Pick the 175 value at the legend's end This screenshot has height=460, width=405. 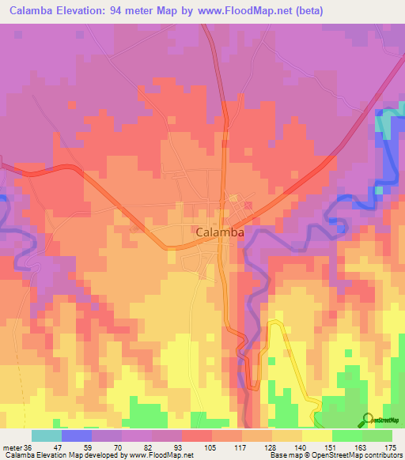pos(390,447)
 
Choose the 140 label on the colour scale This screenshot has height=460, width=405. pos(301,447)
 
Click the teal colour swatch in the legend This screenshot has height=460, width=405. pos(46,435)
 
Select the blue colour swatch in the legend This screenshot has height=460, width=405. pos(76,435)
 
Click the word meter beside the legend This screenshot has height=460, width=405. pos(12,447)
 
